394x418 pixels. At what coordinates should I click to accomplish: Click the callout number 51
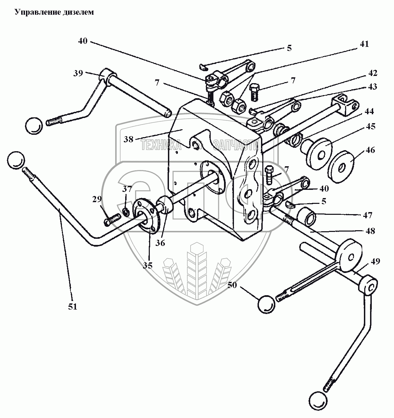click(x=72, y=306)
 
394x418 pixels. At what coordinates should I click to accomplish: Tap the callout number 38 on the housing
click(x=129, y=140)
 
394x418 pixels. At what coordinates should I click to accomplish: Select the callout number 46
click(x=370, y=150)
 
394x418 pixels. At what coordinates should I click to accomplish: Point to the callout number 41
click(x=364, y=44)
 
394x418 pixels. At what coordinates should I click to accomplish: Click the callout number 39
click(x=78, y=73)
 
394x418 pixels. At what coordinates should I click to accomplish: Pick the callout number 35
click(x=148, y=265)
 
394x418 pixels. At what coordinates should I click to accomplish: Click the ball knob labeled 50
click(x=266, y=303)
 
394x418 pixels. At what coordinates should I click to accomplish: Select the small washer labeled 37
click(x=126, y=213)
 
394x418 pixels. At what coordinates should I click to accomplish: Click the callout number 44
click(x=369, y=111)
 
